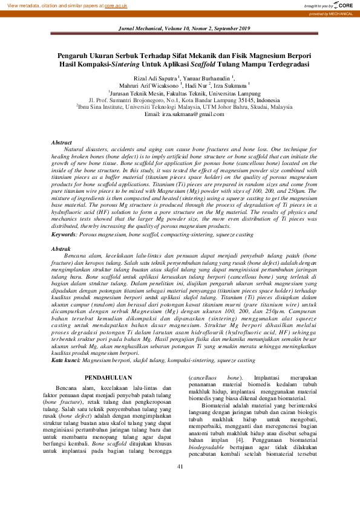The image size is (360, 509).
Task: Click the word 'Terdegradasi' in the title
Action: point(287,63)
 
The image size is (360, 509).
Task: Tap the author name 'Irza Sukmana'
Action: point(225,85)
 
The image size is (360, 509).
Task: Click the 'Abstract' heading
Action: point(62,141)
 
